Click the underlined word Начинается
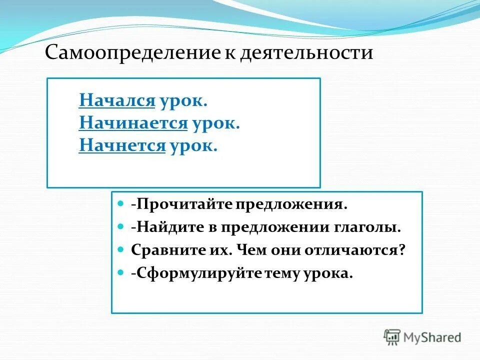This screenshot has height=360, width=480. [133, 123]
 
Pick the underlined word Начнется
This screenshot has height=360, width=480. [122, 145]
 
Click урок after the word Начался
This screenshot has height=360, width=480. [183, 101]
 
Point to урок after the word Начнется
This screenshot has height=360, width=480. [193, 146]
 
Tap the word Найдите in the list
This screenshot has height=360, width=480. [166, 228]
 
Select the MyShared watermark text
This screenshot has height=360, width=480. [432, 337]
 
